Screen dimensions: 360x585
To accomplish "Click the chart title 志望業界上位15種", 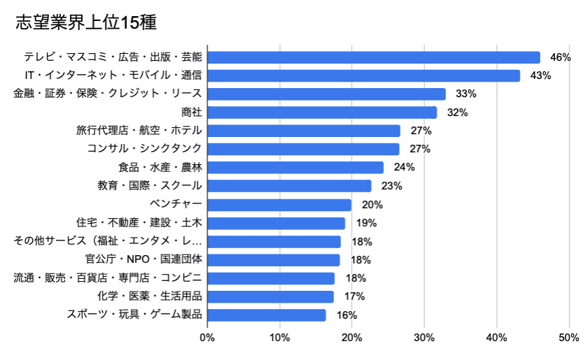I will (85, 22).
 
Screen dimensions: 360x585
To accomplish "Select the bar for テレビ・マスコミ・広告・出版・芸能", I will (373, 57).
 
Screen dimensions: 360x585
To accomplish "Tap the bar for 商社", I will (322, 113).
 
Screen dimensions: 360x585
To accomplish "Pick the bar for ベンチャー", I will (279, 205).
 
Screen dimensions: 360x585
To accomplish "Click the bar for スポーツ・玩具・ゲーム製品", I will (266, 315).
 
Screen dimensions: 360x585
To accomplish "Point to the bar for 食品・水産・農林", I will (295, 168).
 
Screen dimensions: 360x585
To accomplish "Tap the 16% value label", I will (347, 315).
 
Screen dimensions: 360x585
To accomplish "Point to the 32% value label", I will (457, 113).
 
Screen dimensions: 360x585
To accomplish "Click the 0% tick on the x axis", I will (208, 338).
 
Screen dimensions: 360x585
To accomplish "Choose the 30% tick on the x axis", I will (424, 338).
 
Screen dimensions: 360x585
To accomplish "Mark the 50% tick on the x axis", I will (569, 338).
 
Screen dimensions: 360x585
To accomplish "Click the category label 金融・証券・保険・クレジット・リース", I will (108, 94).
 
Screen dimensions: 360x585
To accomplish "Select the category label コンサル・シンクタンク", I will (145, 149).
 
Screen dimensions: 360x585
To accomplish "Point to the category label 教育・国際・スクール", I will (150, 186).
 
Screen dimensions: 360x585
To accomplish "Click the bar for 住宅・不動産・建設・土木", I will (276, 223).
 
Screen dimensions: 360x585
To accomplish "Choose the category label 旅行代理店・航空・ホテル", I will (139, 131).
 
